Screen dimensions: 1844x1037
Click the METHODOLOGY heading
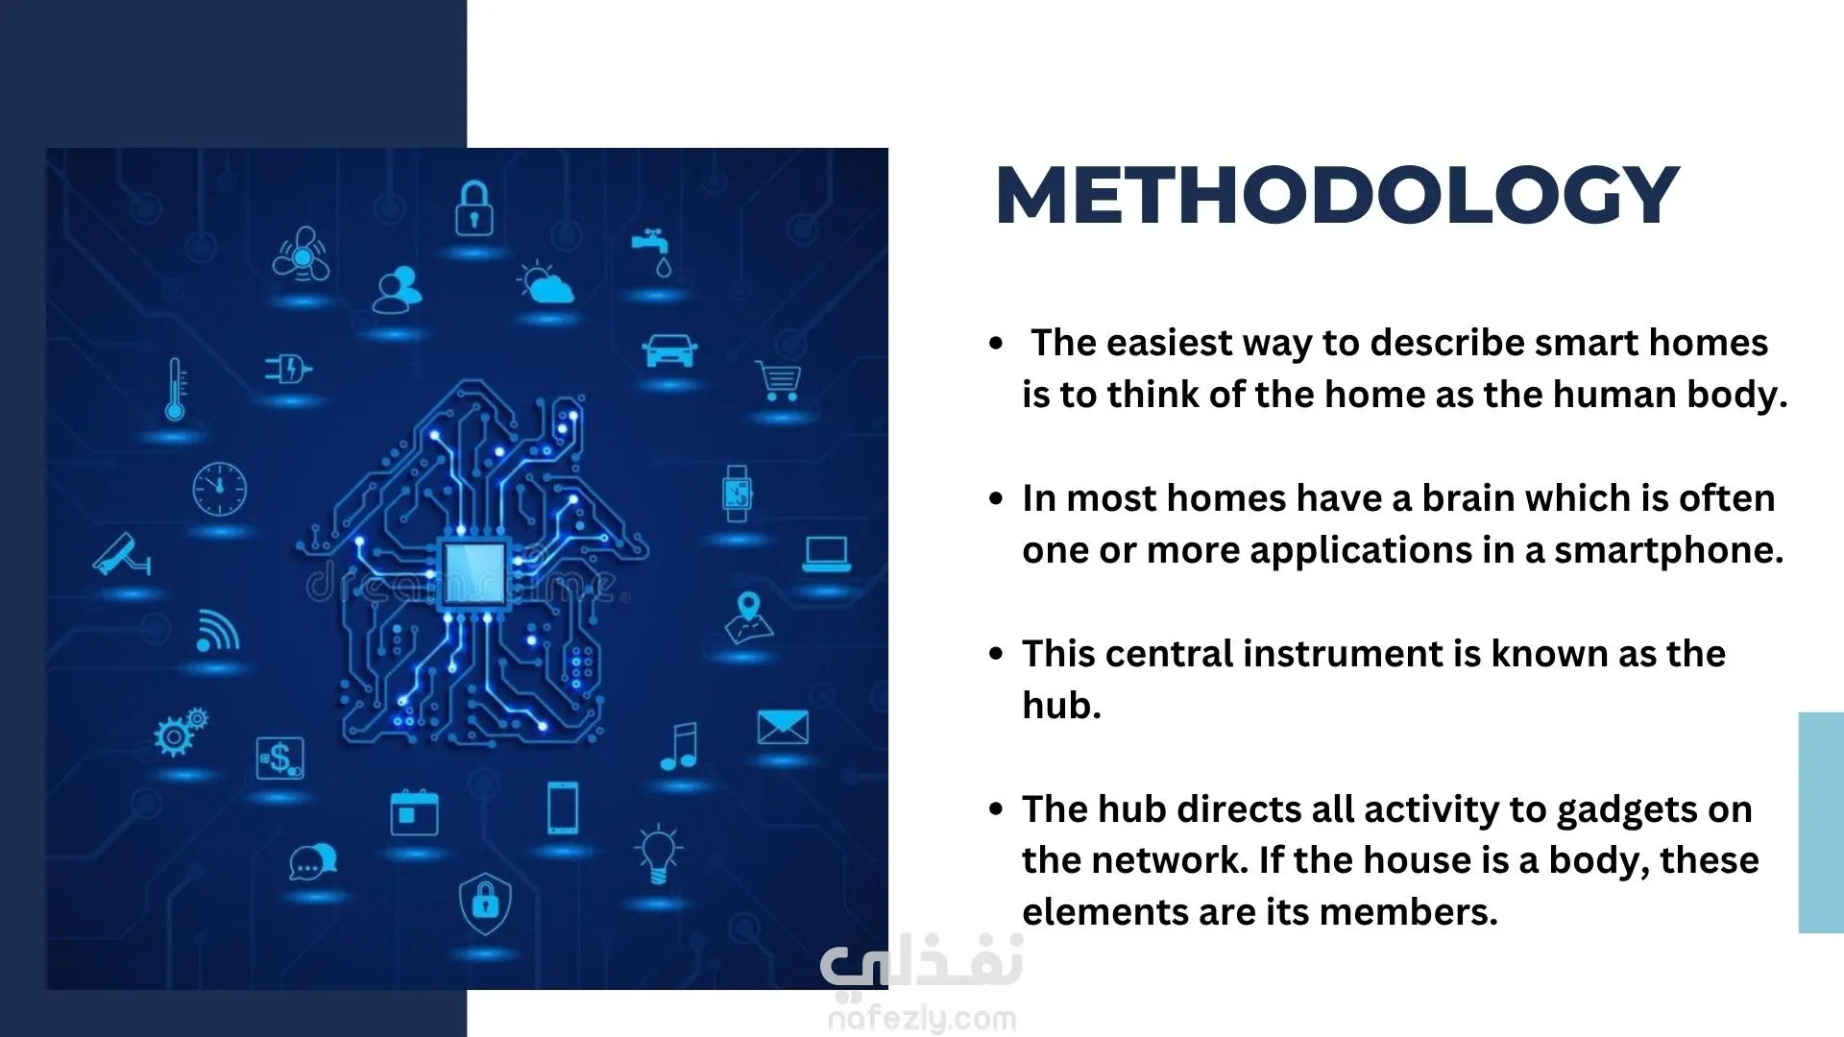point(1337,195)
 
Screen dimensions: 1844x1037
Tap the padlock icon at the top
point(473,208)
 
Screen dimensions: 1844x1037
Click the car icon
point(669,350)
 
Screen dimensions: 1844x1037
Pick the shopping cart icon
point(779,380)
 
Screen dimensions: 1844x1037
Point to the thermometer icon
point(175,389)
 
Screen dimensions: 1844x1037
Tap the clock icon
point(220,489)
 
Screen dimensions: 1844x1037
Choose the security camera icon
point(122,555)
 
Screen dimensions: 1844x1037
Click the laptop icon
point(826,554)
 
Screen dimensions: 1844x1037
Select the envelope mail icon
point(783,728)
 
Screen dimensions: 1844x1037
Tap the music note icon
point(680,746)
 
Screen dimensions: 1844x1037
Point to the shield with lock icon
point(486,903)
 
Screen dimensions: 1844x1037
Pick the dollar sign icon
point(280,759)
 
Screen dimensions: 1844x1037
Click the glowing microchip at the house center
point(473,572)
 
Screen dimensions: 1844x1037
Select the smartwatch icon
point(737,494)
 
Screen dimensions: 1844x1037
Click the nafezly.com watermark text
point(922,1018)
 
